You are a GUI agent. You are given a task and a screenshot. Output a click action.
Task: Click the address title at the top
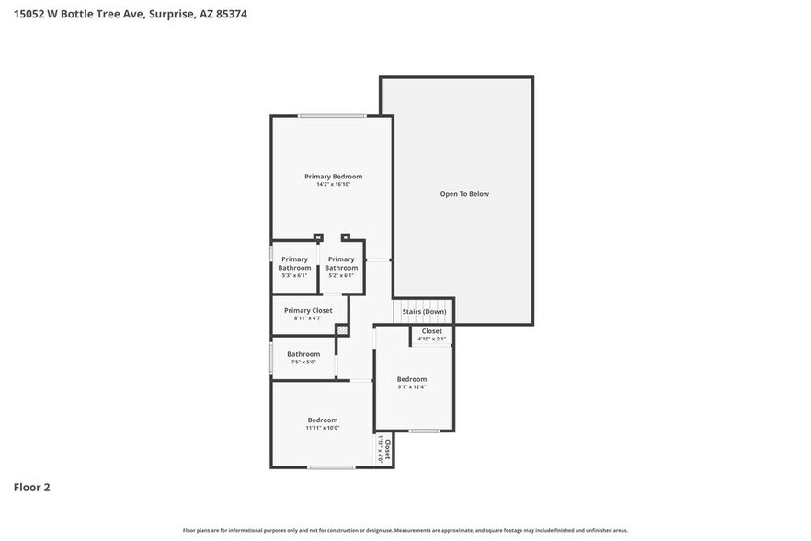130,14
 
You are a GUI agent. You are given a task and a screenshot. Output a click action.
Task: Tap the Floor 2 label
31,487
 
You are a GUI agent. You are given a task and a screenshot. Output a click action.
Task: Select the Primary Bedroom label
333,177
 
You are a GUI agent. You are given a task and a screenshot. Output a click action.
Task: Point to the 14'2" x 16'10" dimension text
333,185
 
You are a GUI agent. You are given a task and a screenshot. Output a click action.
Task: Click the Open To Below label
464,194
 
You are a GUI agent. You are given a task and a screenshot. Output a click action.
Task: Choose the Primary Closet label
308,311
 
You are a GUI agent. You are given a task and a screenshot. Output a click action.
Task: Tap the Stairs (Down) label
424,312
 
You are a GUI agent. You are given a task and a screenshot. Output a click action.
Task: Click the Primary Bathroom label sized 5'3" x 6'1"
294,263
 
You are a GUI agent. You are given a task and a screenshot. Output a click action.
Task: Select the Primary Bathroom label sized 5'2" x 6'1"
341,263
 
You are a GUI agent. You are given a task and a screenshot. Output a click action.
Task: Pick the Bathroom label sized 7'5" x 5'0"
303,354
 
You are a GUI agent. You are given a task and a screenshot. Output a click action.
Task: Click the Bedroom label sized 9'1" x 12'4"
411,379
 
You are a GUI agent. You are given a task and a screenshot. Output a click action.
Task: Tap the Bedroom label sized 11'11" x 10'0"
322,420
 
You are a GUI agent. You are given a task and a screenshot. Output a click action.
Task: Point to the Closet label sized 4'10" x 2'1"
431,331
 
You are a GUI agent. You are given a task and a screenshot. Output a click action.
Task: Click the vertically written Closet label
388,449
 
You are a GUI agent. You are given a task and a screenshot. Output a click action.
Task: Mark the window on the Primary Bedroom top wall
331,115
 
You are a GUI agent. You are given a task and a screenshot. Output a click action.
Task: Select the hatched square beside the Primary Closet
342,329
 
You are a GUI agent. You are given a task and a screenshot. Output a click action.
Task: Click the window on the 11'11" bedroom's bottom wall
331,467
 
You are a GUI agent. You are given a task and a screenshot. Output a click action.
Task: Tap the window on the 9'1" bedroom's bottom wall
424,431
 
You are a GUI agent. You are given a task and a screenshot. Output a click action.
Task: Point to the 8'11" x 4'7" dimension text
308,318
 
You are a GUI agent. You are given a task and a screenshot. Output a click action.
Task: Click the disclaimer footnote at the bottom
405,530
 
